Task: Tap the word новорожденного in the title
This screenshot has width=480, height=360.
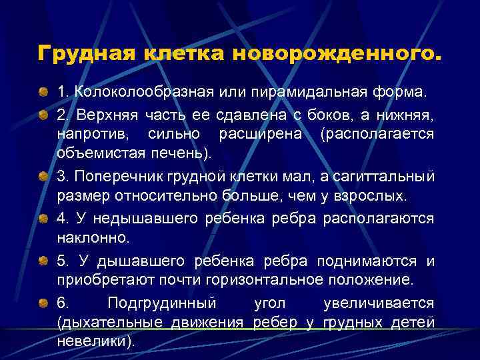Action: [336, 53]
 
